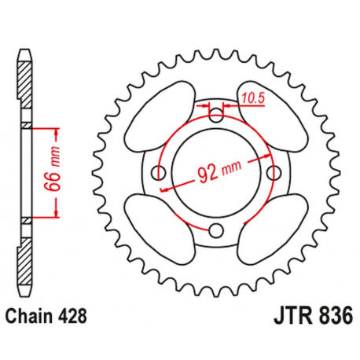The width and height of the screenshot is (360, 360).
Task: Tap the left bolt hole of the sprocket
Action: click(161, 173)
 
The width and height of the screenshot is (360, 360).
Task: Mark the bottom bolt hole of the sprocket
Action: click(218, 230)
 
